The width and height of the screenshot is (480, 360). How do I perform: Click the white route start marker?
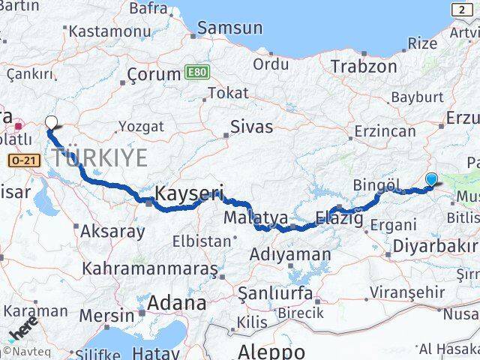click(51, 123)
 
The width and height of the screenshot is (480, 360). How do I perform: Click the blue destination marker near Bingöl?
click(431, 179)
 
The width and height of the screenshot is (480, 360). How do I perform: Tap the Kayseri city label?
click(189, 194)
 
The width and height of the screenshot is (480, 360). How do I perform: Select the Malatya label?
click(256, 218)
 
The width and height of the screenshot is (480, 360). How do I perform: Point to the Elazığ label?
click(339, 219)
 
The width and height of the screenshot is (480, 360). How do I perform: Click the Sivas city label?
click(251, 126)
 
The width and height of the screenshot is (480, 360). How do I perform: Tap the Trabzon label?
click(364, 66)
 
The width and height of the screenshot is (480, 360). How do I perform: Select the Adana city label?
click(176, 304)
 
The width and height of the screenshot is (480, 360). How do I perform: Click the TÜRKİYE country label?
click(100, 157)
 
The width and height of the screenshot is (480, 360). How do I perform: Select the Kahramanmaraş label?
click(150, 268)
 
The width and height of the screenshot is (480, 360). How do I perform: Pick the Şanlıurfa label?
click(274, 292)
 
